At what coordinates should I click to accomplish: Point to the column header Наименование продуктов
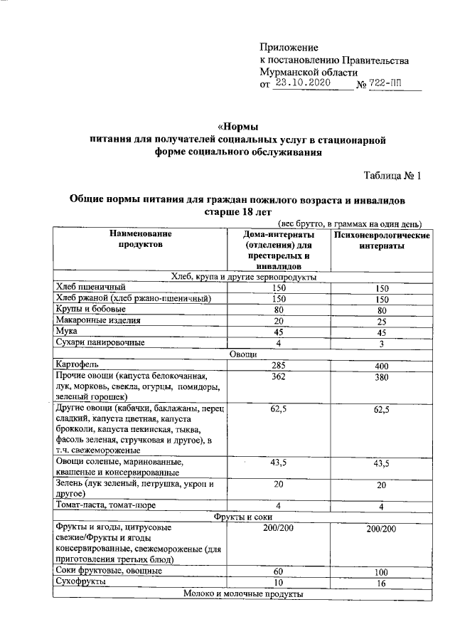click(x=140, y=239)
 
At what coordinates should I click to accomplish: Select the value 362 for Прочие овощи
click(x=279, y=377)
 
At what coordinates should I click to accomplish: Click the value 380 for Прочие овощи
click(x=381, y=378)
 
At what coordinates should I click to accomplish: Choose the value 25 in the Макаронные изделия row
click(x=381, y=321)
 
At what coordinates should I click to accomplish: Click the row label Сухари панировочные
click(x=100, y=343)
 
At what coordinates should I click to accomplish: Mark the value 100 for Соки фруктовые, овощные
click(x=381, y=572)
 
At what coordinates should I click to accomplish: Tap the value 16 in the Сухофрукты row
click(x=381, y=583)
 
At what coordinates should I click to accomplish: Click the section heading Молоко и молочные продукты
click(x=242, y=593)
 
